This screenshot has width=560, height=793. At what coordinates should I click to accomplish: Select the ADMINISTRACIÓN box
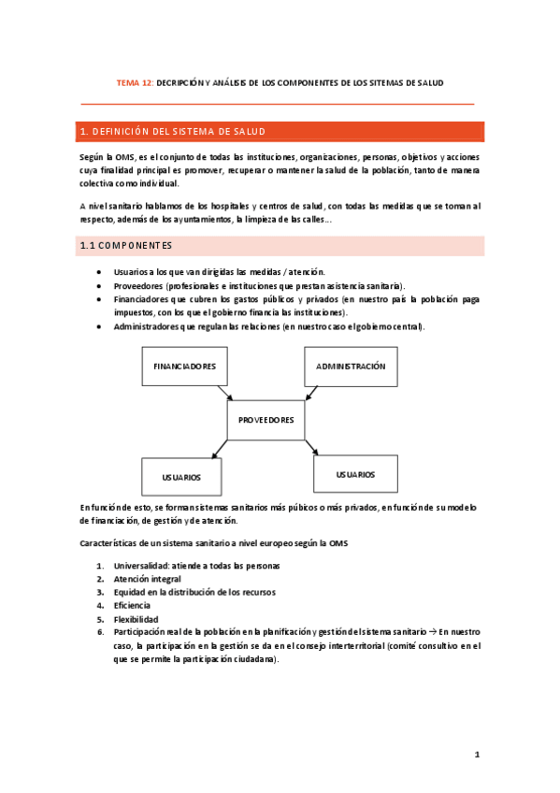pos(351,366)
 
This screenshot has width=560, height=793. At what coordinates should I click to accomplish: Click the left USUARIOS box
pos(181,476)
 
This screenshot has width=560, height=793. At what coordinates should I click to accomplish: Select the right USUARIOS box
pos(356,474)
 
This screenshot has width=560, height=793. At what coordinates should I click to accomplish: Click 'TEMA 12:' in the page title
pos(135,82)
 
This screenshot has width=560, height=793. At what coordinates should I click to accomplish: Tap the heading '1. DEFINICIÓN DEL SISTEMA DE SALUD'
pos(174,131)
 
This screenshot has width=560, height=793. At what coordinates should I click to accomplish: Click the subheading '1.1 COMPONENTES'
pos(126,246)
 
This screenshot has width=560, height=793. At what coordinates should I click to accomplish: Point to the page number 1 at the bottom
pos(476,754)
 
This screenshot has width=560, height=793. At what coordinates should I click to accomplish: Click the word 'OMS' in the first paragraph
pos(125,157)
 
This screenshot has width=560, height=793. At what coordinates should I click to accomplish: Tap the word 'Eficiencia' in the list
pos(134,606)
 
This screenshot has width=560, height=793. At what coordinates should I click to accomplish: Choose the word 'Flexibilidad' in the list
pos(136,619)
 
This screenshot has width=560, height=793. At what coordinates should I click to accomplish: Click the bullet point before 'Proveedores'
pos(99,285)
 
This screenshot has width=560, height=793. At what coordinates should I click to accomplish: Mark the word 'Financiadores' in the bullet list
pos(141,299)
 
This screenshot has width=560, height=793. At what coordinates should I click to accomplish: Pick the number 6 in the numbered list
pos(100,632)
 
